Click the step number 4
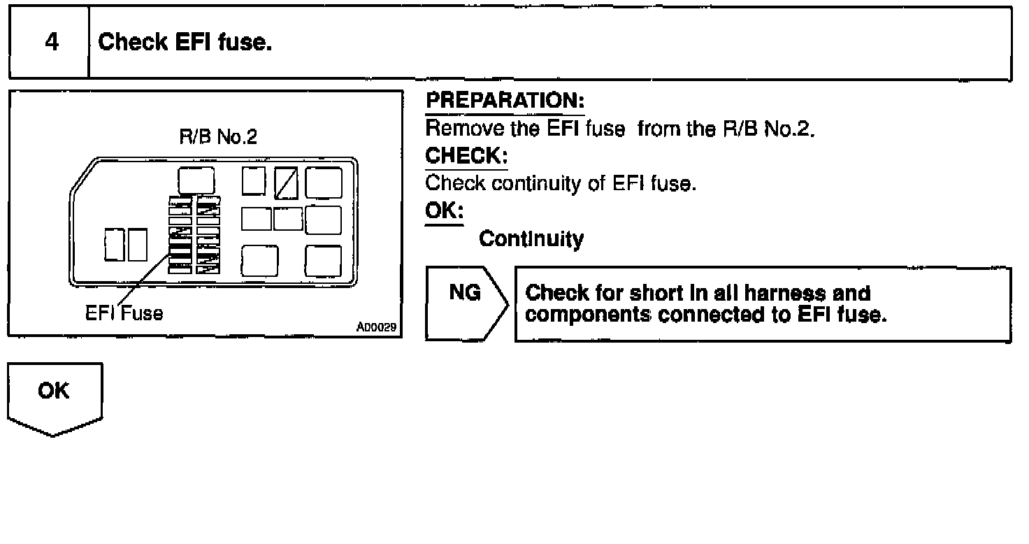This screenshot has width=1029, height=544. tap(51, 42)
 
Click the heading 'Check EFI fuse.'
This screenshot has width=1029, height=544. tap(185, 43)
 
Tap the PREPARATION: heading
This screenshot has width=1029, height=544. tap(505, 101)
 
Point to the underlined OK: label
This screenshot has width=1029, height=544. tap(444, 211)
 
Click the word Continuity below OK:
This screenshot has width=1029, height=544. tap(531, 240)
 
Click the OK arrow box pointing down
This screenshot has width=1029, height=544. tap(55, 397)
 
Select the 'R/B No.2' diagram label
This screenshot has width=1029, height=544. tap(218, 137)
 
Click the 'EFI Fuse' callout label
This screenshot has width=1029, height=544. tap(124, 313)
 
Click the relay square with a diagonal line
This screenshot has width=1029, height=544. tap(286, 182)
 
